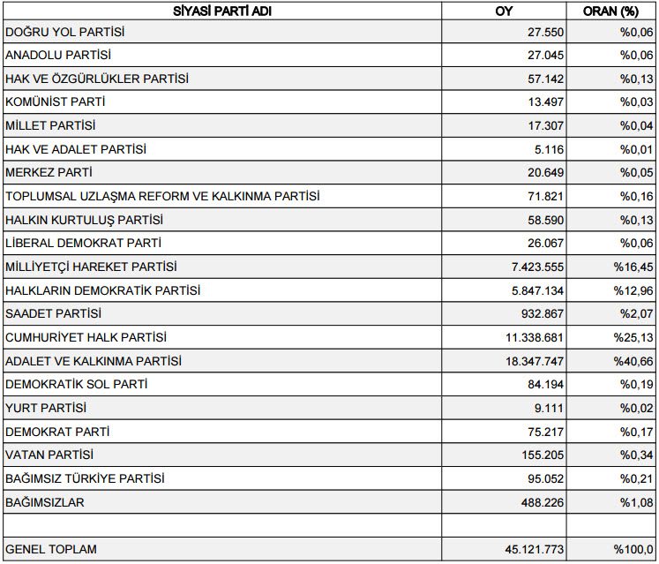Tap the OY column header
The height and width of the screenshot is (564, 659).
pos(504,12)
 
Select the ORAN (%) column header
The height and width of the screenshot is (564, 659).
pos(610,12)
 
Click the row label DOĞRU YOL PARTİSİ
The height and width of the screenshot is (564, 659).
pos(65,32)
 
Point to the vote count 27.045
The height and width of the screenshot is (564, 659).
pos(545,55)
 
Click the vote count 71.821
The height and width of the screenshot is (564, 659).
pos(545,196)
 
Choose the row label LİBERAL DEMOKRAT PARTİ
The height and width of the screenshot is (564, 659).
pos(83,243)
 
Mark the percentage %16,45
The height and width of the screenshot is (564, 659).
pos(634,267)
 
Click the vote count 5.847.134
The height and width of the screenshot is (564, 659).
pos(534,290)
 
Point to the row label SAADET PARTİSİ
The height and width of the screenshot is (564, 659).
pos(53,313)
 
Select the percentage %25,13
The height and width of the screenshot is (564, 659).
pos(634,337)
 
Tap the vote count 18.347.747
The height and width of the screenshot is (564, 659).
pos(530,361)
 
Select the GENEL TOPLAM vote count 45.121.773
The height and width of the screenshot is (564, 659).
pos(530,549)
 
